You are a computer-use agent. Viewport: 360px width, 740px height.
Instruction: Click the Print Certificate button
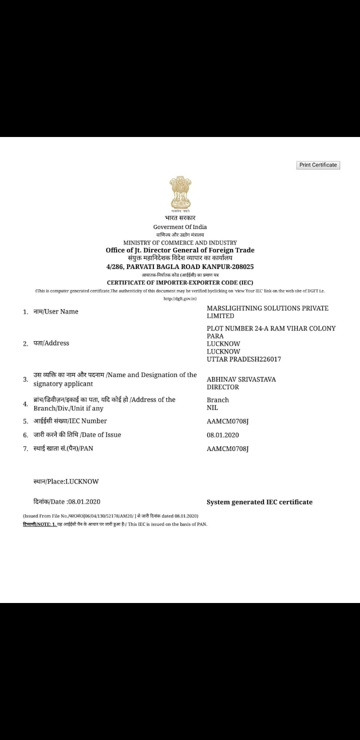(318, 165)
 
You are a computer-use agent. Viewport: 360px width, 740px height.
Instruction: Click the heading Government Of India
(180, 227)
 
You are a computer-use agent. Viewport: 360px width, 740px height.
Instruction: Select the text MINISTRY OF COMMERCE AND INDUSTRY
(180, 242)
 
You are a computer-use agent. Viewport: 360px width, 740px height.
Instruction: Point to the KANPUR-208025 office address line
(180, 267)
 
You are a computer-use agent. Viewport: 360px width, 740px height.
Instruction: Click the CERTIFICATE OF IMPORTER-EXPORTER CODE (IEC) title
(180, 282)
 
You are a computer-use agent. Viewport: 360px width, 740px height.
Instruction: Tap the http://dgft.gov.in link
(180, 298)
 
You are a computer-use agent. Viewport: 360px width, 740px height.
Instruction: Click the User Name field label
(56, 311)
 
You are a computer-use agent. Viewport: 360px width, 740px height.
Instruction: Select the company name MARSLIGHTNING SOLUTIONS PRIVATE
(267, 308)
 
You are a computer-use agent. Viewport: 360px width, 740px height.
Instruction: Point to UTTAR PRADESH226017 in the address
(244, 359)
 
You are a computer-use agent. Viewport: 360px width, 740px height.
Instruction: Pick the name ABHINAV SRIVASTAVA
(241, 379)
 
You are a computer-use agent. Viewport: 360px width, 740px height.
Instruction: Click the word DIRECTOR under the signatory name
(223, 387)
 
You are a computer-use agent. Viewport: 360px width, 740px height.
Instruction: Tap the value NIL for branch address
(212, 407)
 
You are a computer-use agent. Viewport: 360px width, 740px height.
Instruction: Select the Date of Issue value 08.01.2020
(223, 435)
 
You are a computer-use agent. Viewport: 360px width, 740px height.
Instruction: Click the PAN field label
(63, 448)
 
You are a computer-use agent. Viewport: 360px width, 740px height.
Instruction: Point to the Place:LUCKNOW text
(66, 481)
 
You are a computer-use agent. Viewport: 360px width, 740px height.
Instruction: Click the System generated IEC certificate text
(259, 502)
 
